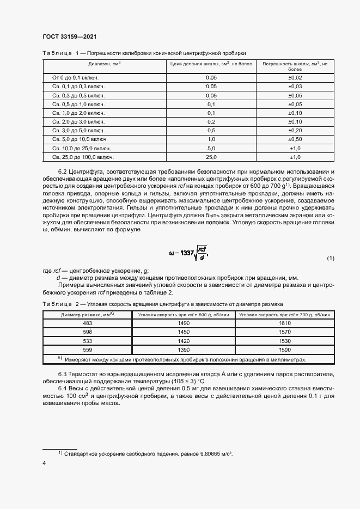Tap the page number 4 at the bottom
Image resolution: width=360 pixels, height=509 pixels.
43,463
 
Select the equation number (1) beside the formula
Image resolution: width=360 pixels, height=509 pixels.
331,258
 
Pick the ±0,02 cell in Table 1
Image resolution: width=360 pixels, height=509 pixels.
295,78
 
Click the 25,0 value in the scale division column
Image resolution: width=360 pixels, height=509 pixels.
211,157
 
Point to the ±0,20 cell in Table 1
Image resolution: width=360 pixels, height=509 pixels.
295,131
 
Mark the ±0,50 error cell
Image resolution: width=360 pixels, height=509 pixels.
295,139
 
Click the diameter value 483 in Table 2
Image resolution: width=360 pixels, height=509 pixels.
87,323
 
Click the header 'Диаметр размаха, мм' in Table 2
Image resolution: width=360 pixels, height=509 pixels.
87,315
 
